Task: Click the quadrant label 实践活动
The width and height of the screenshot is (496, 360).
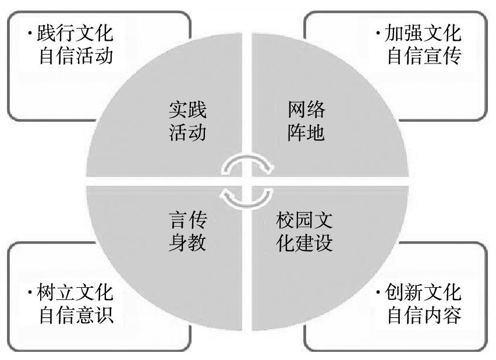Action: pos(187,121)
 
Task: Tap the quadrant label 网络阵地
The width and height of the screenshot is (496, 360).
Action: pos(306,121)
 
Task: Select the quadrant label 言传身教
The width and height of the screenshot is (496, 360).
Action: pos(187,231)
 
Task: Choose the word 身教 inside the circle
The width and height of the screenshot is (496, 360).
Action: pos(187,242)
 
